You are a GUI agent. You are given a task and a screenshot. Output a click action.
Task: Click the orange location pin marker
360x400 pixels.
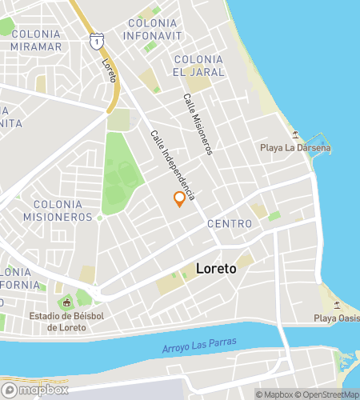click(179, 200)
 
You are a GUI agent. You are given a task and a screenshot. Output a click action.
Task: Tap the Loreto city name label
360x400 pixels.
click(214, 270)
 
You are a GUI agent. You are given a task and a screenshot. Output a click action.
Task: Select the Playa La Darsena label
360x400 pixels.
click(295, 148)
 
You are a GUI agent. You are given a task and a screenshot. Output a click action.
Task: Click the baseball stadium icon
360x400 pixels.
click(66, 303)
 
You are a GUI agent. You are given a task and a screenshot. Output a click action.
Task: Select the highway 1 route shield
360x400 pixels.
click(96, 39)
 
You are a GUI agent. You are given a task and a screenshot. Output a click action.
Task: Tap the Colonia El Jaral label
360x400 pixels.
click(198, 66)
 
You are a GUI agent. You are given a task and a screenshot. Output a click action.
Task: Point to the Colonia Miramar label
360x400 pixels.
click(36, 40)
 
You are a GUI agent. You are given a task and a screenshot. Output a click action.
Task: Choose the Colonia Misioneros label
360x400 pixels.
click(58, 210)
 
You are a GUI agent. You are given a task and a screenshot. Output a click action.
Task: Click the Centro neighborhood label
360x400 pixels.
click(230, 223)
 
